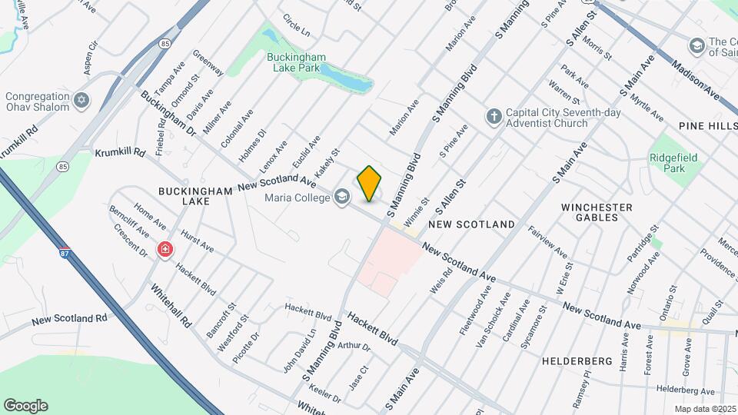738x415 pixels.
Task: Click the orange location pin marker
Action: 369,184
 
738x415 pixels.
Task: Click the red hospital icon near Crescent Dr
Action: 165,249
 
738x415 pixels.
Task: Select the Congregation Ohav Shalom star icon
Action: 82,101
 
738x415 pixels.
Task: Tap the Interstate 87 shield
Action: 66,251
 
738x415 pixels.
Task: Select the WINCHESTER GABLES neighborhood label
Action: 597,212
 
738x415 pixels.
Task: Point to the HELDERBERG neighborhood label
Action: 577,360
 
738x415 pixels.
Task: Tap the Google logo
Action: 25,406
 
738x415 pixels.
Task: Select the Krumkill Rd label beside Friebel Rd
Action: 120,152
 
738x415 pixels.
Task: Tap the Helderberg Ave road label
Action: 686,390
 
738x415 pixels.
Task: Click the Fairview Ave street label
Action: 547,242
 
